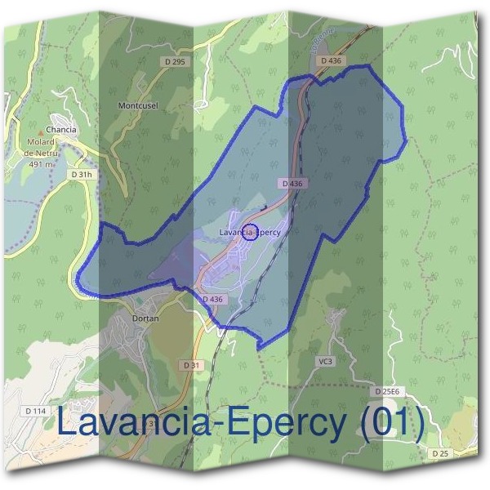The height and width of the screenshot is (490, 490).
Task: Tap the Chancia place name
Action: click(x=61, y=129)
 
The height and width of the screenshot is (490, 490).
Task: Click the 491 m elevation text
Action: click(x=40, y=163)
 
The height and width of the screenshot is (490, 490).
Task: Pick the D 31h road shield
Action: click(x=82, y=174)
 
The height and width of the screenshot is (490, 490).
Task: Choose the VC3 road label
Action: click(x=326, y=361)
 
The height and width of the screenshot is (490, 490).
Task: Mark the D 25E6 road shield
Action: click(x=388, y=391)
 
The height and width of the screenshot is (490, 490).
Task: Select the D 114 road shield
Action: click(x=36, y=411)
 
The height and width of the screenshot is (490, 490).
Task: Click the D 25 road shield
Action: click(x=442, y=452)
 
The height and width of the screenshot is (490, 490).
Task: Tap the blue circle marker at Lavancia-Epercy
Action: click(x=251, y=232)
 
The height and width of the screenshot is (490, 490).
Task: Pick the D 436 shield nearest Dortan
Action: click(x=212, y=300)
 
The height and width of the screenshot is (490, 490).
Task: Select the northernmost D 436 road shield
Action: click(x=330, y=60)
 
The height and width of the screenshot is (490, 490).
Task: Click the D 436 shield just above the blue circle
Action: click(x=292, y=184)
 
